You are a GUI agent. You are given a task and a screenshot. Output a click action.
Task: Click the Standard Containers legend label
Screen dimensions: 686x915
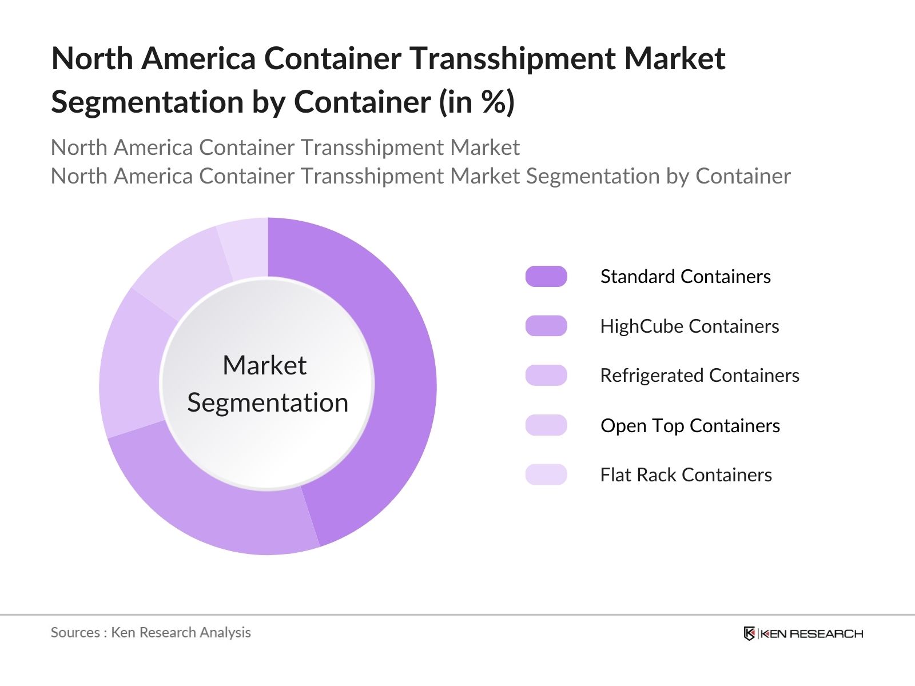(x=685, y=277)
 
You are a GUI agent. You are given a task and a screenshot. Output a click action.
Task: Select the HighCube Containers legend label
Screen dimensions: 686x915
(x=689, y=326)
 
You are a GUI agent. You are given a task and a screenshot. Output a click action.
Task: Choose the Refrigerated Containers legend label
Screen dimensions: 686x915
(x=699, y=376)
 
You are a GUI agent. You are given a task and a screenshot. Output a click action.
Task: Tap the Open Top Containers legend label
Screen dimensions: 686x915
(x=690, y=426)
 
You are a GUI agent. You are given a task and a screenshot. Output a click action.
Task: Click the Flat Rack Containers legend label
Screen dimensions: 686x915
(x=686, y=475)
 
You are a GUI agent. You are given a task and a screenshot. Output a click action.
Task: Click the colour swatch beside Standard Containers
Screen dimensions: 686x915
(x=546, y=277)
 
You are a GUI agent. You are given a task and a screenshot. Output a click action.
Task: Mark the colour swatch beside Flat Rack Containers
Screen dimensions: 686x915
(x=546, y=475)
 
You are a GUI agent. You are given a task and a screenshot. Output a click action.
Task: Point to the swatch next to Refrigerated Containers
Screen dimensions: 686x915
(x=546, y=376)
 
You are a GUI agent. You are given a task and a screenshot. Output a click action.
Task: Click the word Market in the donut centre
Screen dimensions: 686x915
(x=264, y=365)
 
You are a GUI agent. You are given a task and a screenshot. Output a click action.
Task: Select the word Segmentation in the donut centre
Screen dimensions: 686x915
(x=268, y=403)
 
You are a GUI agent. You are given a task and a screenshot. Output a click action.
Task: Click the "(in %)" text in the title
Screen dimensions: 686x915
(x=476, y=102)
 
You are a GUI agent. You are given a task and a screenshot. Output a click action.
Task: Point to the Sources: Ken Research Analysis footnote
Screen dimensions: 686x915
(x=150, y=632)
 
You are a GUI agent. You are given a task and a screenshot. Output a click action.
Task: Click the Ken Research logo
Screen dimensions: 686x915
(x=803, y=633)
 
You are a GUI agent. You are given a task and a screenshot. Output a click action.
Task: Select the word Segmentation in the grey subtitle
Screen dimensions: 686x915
(x=592, y=176)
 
